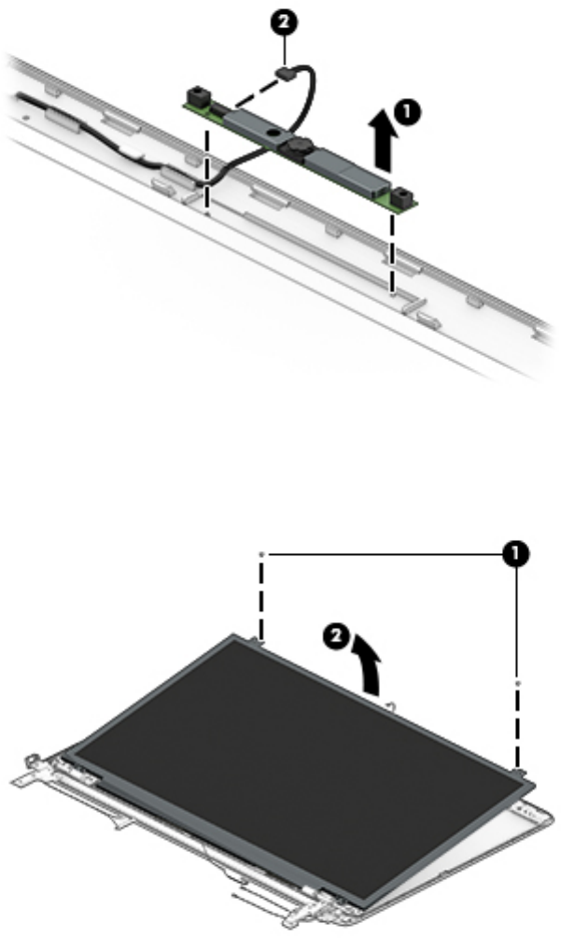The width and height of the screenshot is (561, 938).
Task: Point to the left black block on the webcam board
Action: [199, 95]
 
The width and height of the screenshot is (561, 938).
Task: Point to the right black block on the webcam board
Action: [402, 195]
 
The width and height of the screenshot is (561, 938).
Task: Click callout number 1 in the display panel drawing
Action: [512, 554]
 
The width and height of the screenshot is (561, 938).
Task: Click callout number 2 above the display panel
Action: [344, 639]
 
